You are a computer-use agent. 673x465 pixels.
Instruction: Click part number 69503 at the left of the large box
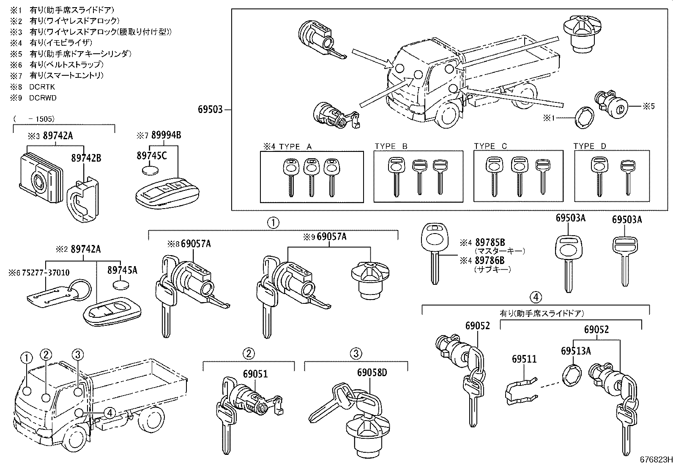coord(210,110)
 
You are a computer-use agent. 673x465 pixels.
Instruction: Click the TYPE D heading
coord(590,146)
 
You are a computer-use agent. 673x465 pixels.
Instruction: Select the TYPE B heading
coord(391,146)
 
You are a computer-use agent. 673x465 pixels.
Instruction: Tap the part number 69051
coord(255,374)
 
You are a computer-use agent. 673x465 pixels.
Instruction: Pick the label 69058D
coord(372,373)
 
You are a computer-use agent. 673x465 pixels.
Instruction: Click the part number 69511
coord(524,359)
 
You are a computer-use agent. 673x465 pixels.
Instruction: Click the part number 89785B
coord(490,242)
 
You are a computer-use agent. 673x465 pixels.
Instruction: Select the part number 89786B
coord(490,260)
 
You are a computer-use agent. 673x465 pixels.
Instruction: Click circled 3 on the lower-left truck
coord(78,355)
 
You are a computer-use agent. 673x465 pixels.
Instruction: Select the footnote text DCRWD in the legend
coord(43,98)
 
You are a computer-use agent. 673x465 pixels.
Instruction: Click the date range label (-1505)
coord(34,119)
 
